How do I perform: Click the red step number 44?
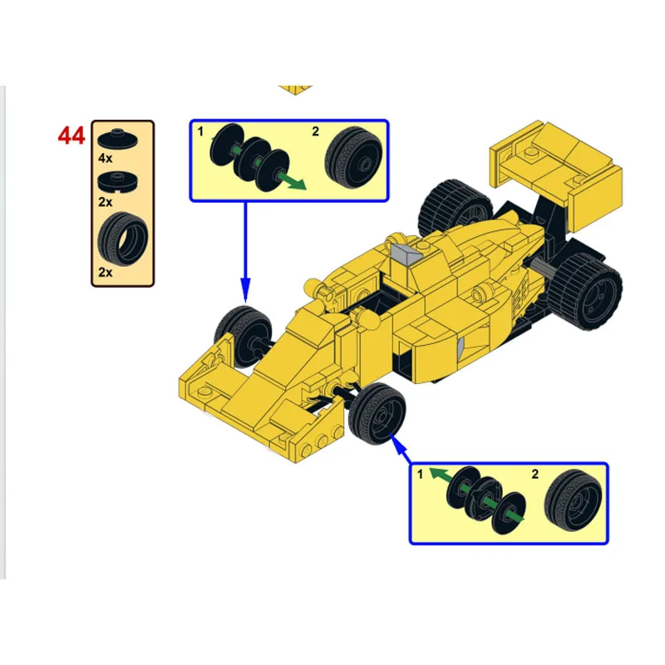[x=71, y=135]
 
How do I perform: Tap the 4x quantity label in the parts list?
[x=105, y=157]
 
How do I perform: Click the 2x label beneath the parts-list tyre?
[x=105, y=272]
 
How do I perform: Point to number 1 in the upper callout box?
[x=200, y=131]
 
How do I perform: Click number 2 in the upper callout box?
[x=315, y=131]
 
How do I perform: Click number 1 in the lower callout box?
[x=421, y=474]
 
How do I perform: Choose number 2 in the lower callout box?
[x=535, y=474]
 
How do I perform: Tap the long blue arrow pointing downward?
[x=245, y=249]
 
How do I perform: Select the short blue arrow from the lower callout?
[x=401, y=449]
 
